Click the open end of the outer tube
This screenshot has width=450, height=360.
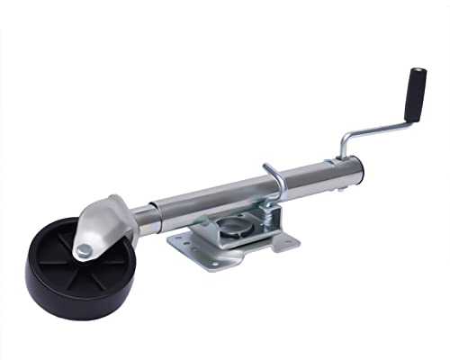click(356, 168)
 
